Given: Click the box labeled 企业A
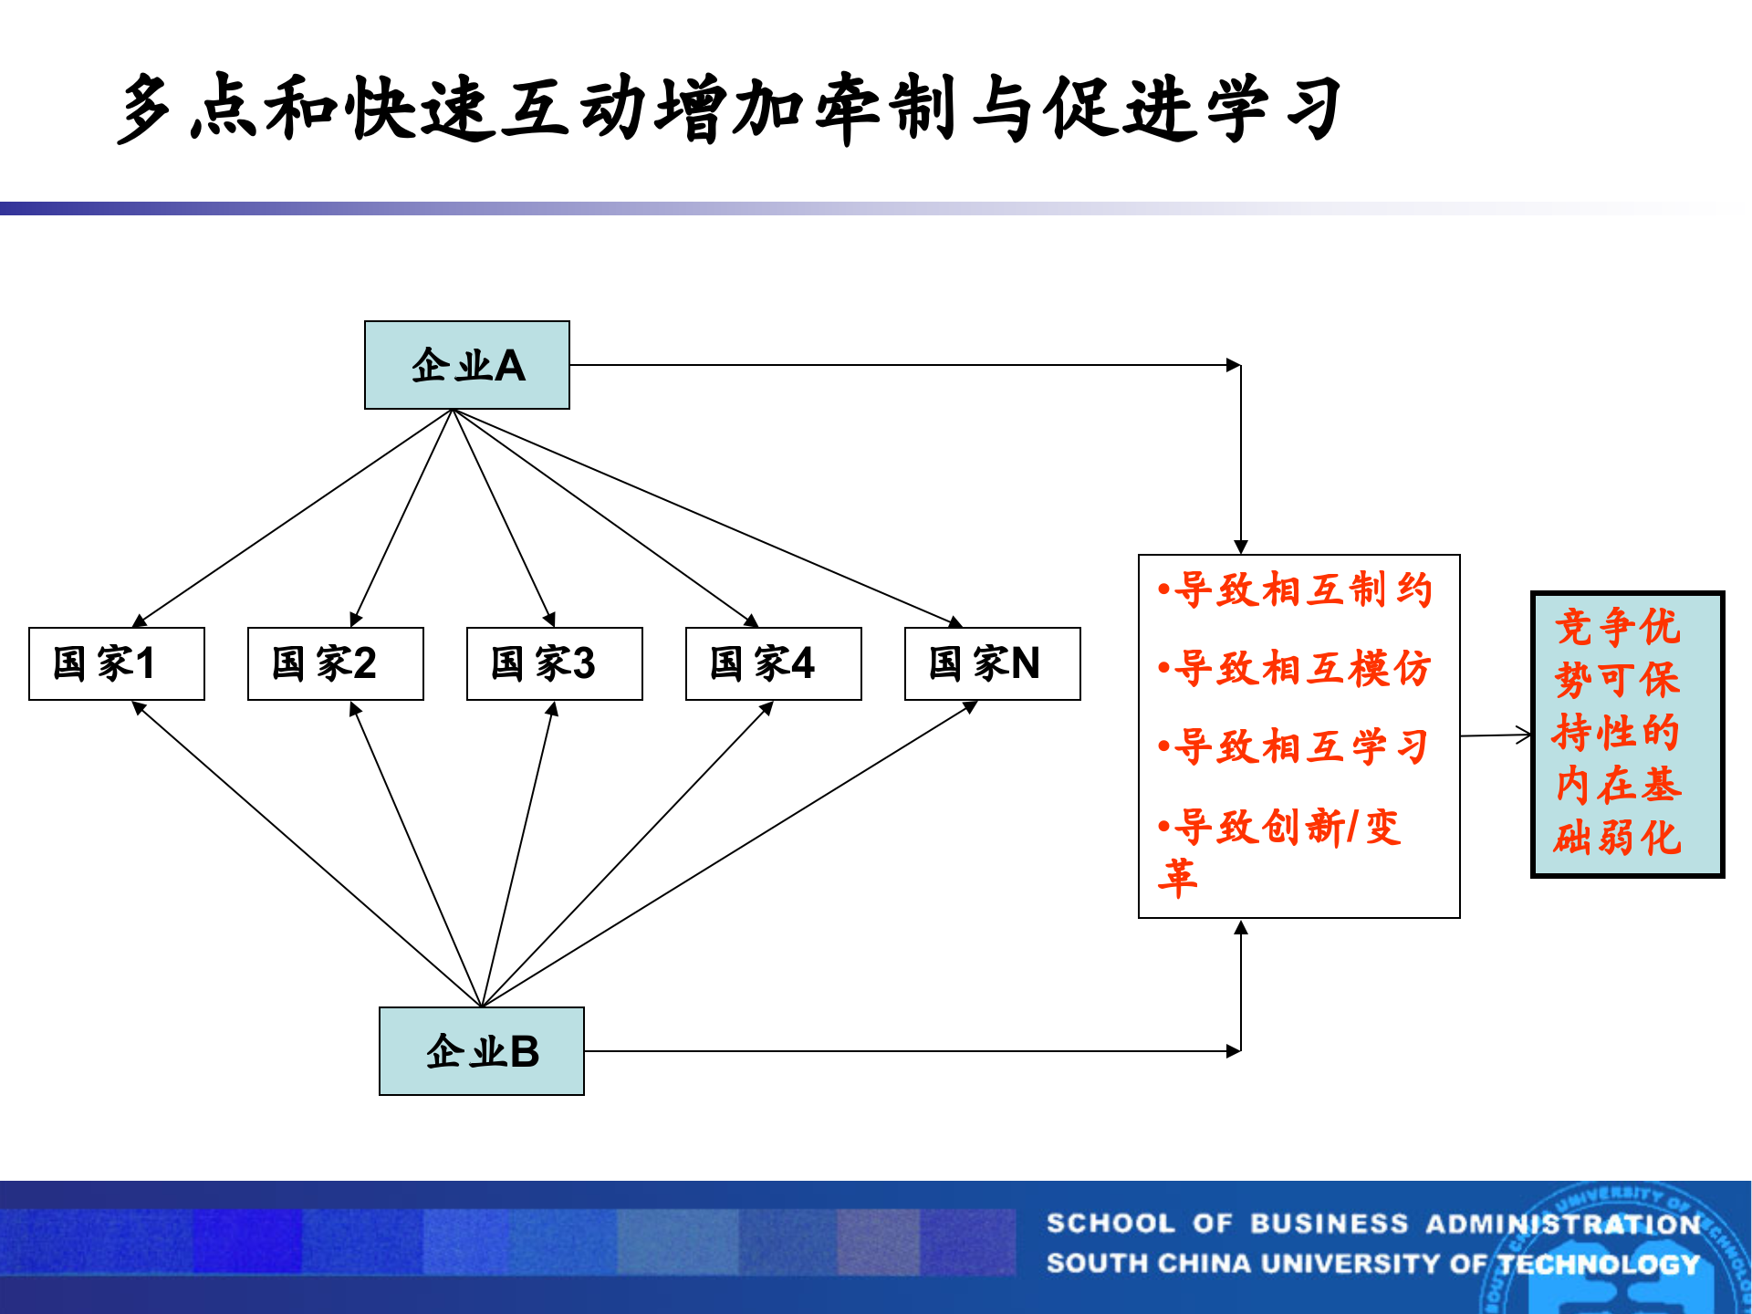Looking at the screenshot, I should tap(466, 365).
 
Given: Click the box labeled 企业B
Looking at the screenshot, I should tap(481, 1051).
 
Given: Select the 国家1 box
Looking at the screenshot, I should tap(116, 663).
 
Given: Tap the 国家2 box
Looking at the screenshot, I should tap(335, 663).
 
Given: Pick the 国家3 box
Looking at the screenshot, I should tap(554, 663).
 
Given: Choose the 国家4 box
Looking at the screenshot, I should tap(773, 663).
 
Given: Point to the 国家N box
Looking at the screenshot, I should tap(992, 663).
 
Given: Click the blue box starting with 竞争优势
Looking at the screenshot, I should tap(1627, 735).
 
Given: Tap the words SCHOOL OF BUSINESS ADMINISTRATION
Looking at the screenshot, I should tap(1373, 1224).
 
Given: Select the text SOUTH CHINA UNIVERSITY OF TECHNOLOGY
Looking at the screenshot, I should tap(1373, 1264).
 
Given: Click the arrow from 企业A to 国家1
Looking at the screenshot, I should tap(292, 518).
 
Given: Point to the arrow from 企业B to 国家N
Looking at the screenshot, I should tap(730, 853).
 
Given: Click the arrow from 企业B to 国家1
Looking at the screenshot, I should tap(307, 853).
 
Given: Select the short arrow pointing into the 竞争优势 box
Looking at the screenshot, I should tap(1496, 735).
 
